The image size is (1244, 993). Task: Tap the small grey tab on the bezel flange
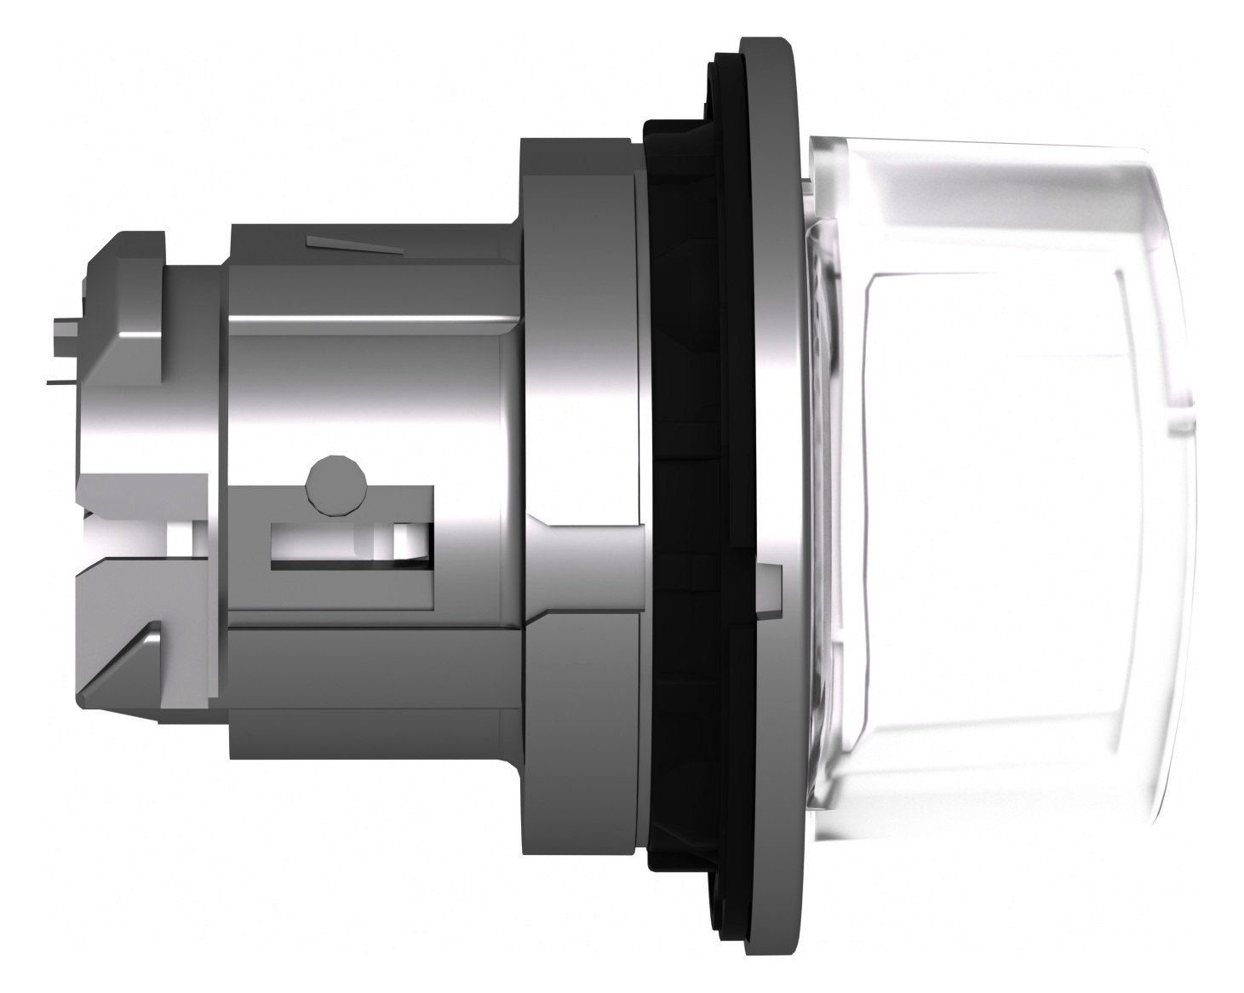[769, 588]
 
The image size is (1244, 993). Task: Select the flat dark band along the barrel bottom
[375, 673]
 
